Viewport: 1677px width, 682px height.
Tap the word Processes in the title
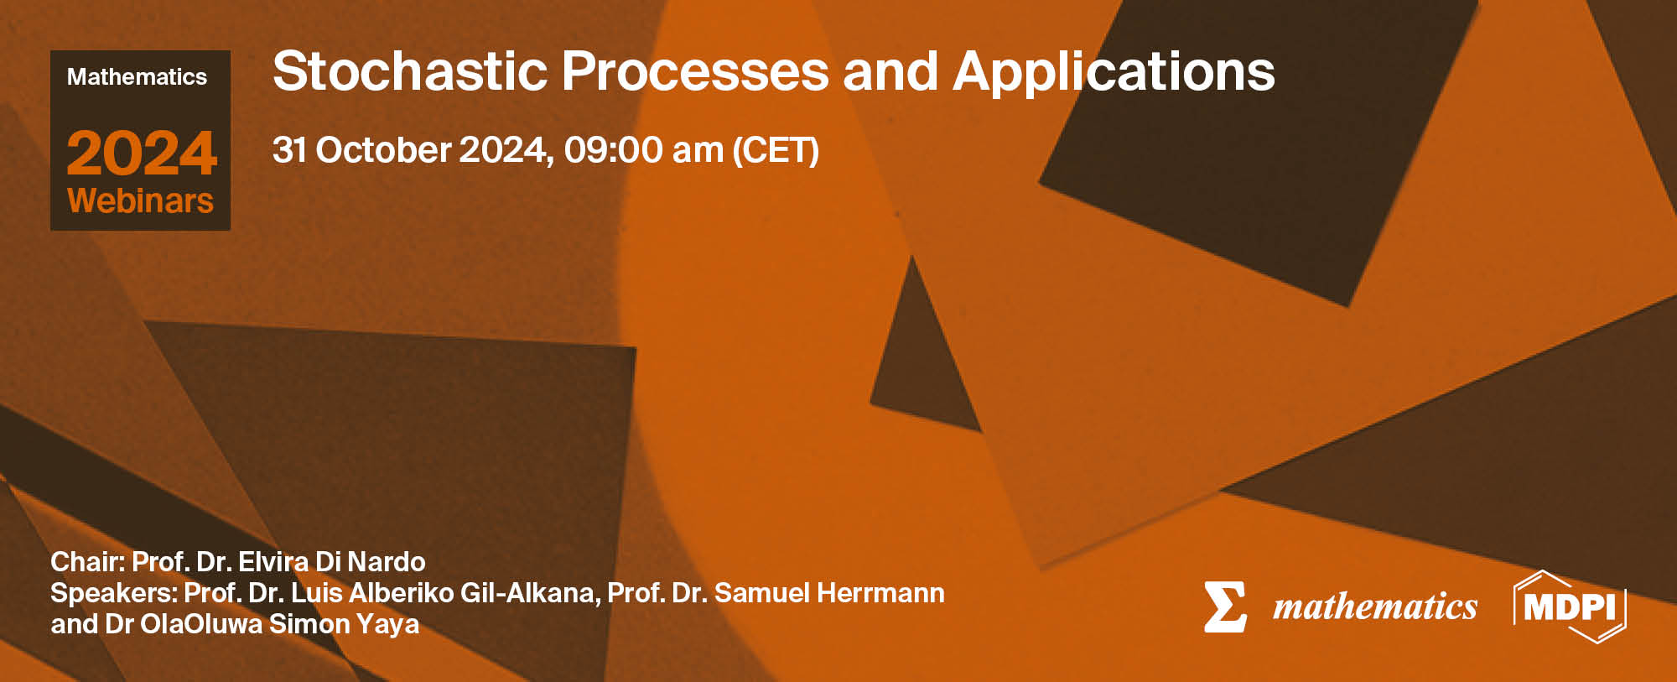pyautogui.click(x=695, y=71)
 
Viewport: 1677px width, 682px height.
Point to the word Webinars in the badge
pyautogui.click(x=140, y=201)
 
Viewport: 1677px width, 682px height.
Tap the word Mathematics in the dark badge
pyautogui.click(x=137, y=77)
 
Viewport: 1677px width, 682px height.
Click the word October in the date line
pyautogui.click(x=383, y=150)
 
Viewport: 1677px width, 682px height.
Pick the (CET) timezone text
pyautogui.click(x=776, y=151)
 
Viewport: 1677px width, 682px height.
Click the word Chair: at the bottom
pyautogui.click(x=87, y=561)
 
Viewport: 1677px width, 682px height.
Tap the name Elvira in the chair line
pyautogui.click(x=273, y=561)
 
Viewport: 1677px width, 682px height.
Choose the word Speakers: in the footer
pyautogui.click(x=113, y=593)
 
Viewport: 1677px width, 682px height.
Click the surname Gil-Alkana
pyautogui.click(x=530, y=593)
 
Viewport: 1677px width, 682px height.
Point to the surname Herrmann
pyautogui.click(x=880, y=593)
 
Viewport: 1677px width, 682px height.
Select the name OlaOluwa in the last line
pyautogui.click(x=201, y=624)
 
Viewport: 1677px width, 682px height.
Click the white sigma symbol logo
pyautogui.click(x=1224, y=607)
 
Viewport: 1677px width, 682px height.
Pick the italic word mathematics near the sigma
pyautogui.click(x=1375, y=607)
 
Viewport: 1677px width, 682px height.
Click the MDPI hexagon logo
pyautogui.click(x=1569, y=607)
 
